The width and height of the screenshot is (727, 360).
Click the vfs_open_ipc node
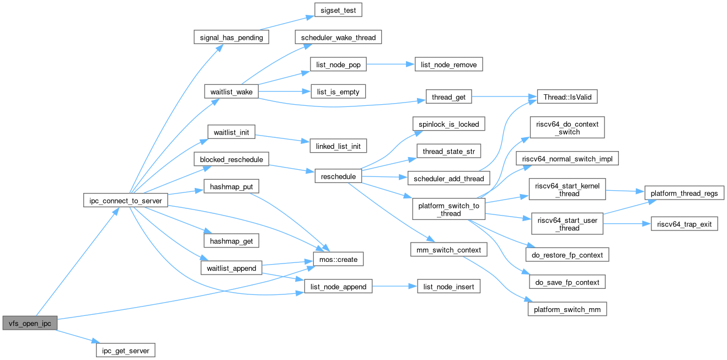coord(30,323)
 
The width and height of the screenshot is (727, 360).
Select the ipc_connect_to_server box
coord(126,201)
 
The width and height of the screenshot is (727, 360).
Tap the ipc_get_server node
coord(125,350)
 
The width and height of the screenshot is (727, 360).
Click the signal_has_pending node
coord(231,37)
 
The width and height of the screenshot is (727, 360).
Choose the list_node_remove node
coord(449,65)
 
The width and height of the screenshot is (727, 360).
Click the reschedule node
coord(338,176)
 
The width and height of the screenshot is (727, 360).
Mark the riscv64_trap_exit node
coord(685,225)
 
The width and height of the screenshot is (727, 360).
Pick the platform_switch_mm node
coord(568,309)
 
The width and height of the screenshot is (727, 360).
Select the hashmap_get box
coord(232,241)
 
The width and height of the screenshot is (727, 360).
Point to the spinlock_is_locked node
coord(449,123)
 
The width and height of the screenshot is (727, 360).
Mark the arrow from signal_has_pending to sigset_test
coord(287,23)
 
